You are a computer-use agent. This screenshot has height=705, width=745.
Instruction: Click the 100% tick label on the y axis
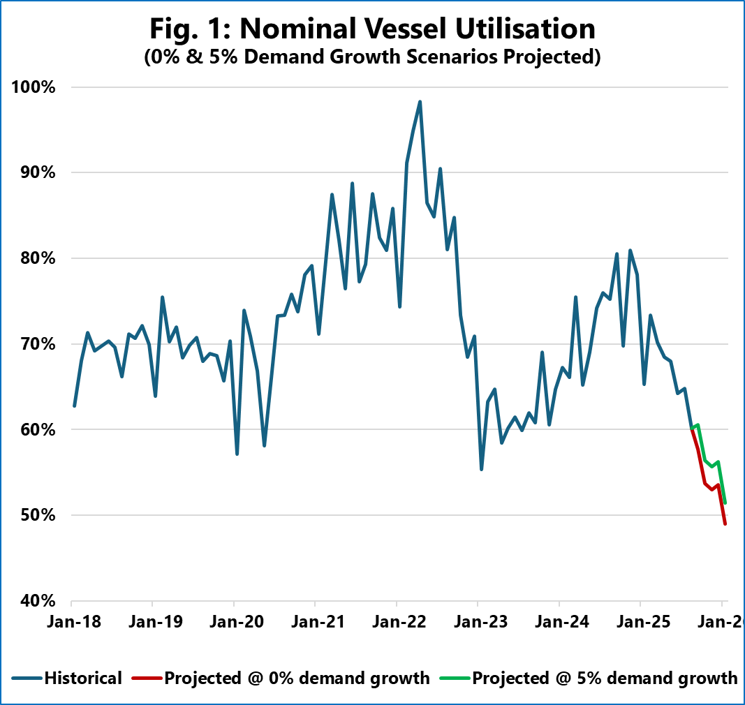coord(33,87)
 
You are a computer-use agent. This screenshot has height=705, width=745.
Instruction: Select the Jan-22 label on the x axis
coord(397,620)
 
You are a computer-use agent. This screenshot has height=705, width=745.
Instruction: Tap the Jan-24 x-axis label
coord(559,620)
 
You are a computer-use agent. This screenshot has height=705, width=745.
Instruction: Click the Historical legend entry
coord(83,678)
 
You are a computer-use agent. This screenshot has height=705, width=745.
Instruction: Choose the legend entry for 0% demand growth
coord(297,678)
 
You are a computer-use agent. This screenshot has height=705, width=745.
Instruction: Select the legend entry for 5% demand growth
coord(605,678)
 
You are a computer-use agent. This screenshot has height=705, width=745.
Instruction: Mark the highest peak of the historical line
coord(420,102)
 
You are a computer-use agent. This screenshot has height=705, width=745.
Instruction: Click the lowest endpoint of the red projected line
coord(725,524)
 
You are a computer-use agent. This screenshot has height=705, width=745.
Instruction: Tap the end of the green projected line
coord(725,502)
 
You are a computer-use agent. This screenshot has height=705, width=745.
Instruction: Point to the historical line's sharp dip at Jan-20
coord(237,454)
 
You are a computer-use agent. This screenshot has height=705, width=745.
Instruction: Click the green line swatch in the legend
coord(455,678)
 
